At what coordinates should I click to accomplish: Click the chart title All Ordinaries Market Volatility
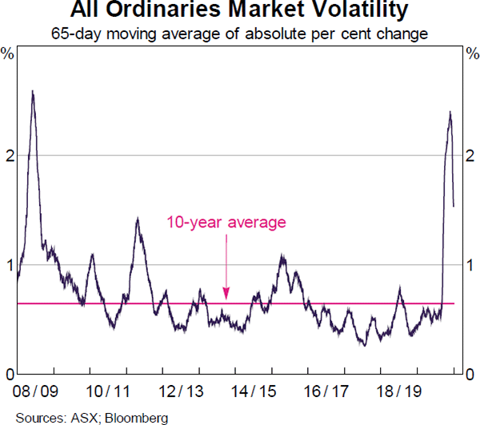[x=239, y=11]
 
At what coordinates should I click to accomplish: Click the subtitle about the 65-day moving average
[x=239, y=34]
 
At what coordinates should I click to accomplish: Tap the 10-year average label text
[x=226, y=223]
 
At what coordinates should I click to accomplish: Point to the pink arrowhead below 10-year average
[x=226, y=296]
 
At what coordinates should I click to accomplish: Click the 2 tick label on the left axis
[x=8, y=155]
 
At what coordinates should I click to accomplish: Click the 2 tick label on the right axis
[x=472, y=155]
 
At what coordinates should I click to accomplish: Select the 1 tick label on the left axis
[x=8, y=265]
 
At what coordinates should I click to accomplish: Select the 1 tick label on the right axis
[x=472, y=265]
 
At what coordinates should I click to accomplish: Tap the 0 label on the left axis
[x=8, y=374]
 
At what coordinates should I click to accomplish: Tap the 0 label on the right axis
[x=472, y=374]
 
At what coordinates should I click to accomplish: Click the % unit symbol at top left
[x=8, y=54]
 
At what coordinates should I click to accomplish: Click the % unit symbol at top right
[x=471, y=54]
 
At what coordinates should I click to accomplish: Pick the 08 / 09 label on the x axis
[x=35, y=392]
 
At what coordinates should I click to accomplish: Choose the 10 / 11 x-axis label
[x=108, y=392]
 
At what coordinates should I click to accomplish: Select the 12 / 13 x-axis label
[x=182, y=392]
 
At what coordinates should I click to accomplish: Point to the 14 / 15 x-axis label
[x=254, y=392]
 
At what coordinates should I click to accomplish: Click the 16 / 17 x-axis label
[x=327, y=392]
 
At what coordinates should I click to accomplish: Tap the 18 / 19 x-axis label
[x=400, y=392]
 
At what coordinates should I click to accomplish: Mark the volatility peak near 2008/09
[x=32, y=91]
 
